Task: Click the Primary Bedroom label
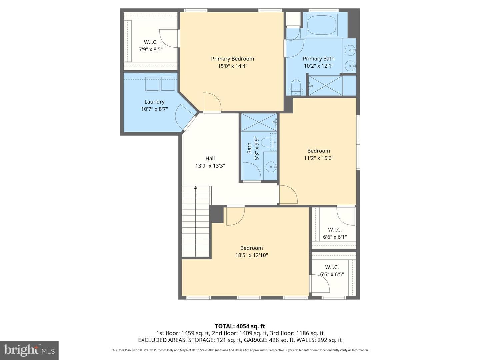click(232, 59)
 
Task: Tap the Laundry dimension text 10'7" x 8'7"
click(154, 109)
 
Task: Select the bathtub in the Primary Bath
click(322, 25)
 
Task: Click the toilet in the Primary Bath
click(296, 87)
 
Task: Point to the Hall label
click(210, 158)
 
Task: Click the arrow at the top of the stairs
click(195, 187)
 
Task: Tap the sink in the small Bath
click(271, 167)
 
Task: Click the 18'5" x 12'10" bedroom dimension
click(251, 255)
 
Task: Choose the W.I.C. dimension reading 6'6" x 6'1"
click(335, 237)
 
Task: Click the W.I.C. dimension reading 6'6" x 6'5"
click(332, 274)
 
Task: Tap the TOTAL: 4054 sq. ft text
click(240, 326)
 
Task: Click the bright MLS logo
click(29, 350)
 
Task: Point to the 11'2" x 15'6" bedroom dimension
click(319, 158)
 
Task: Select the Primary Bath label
click(319, 59)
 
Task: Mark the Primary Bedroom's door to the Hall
click(212, 102)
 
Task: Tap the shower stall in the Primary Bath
click(325, 86)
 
